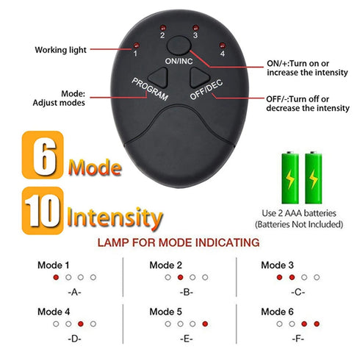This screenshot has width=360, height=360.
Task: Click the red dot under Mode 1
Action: [x=56, y=278]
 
